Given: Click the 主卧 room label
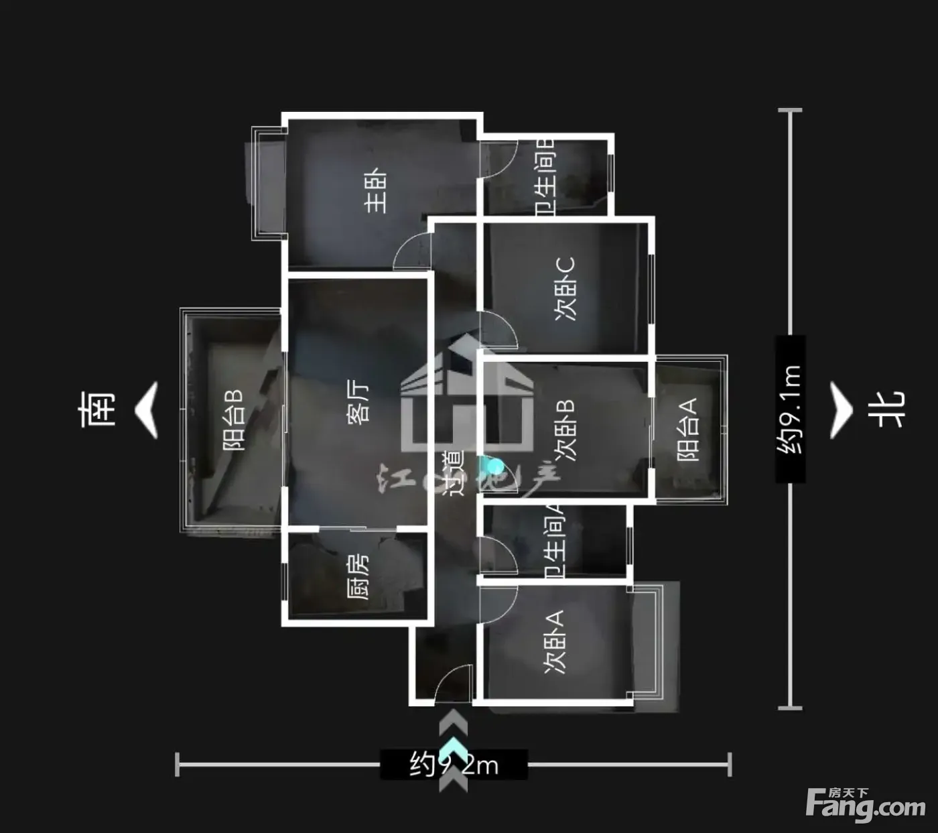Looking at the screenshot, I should point(376,190).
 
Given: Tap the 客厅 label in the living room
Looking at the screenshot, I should point(358,402).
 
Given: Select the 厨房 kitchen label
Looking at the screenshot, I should point(358,576).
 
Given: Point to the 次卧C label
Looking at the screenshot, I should point(565,289).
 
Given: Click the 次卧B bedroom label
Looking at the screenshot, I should point(567,431).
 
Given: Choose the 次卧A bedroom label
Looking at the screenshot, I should point(555,641).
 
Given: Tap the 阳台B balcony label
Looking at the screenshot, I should point(234,420).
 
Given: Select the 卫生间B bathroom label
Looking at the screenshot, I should point(545,177).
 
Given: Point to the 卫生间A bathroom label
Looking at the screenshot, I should point(555,541).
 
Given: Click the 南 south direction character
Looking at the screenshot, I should point(97,409).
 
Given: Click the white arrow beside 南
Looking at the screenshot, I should point(147,410).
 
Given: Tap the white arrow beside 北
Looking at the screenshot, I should point(841,410).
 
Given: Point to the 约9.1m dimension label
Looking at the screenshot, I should point(790,409).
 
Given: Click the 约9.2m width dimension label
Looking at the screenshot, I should point(454,764).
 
